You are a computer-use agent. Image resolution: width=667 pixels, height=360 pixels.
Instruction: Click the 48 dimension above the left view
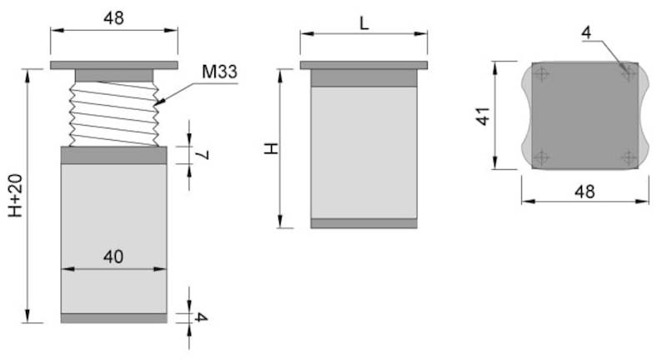coord(113,17)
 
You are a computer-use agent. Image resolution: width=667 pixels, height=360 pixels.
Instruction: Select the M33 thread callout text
coord(219,72)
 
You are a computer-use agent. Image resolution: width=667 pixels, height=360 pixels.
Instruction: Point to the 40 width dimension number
coord(113,257)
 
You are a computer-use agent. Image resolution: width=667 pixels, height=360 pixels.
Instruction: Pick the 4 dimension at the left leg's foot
coord(201,317)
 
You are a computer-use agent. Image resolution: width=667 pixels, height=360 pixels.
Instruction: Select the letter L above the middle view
coord(364,22)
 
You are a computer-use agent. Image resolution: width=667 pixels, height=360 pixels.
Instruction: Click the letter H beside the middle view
coord(270,148)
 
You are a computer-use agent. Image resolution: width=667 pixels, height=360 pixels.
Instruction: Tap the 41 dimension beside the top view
coord(482,115)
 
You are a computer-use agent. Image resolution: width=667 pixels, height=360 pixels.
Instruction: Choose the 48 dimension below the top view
coord(584,191)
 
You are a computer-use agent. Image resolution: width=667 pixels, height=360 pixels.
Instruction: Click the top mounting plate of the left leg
coord(113,65)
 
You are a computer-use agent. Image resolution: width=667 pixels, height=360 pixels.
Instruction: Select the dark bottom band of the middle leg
coord(364,223)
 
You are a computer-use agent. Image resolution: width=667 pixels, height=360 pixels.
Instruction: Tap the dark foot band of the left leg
coord(113,317)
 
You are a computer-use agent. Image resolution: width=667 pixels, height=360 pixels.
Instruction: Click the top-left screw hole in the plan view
coord(544,75)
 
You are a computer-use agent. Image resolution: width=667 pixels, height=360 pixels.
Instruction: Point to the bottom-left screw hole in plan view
coord(544,156)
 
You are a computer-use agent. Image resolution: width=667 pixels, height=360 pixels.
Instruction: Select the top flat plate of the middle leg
coord(364,65)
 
